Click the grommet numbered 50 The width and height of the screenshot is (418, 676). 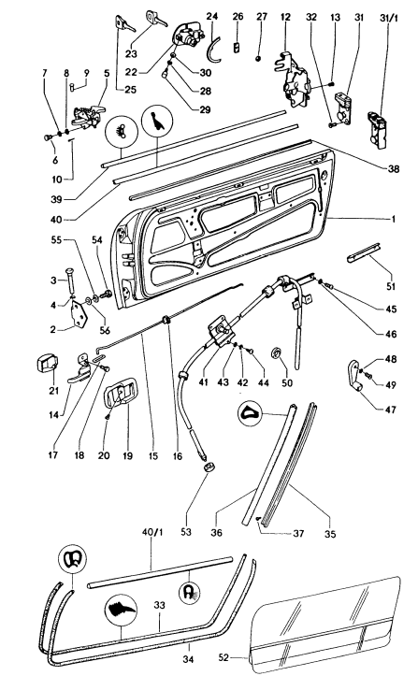pyautogui.click(x=279, y=354)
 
